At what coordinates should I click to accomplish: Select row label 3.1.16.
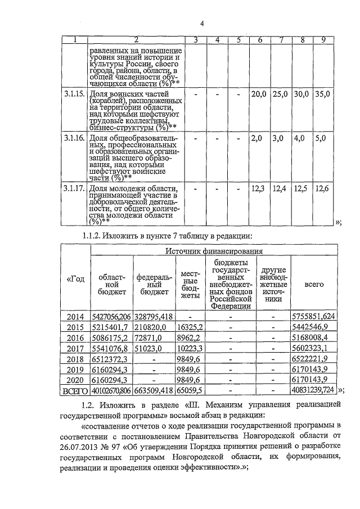click(74, 138)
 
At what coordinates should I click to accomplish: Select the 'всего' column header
click(313, 285)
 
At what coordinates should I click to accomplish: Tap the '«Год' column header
click(76, 280)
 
